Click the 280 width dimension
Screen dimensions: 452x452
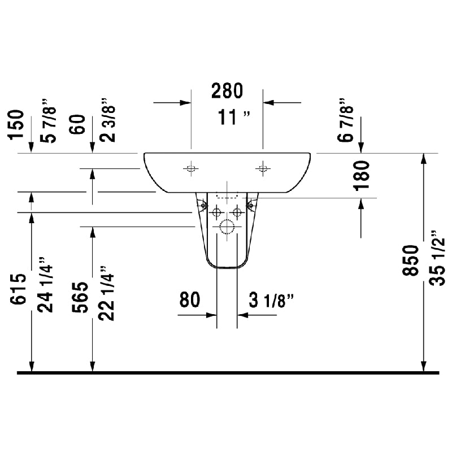(227, 91)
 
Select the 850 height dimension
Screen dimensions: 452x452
(411, 260)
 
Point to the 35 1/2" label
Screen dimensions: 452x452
(437, 258)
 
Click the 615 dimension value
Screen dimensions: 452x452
(18, 289)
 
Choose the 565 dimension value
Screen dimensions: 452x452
(80, 297)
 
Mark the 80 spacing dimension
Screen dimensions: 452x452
(189, 299)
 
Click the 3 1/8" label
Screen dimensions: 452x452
(271, 300)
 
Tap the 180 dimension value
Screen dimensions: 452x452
(362, 176)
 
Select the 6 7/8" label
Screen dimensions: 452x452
(345, 120)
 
